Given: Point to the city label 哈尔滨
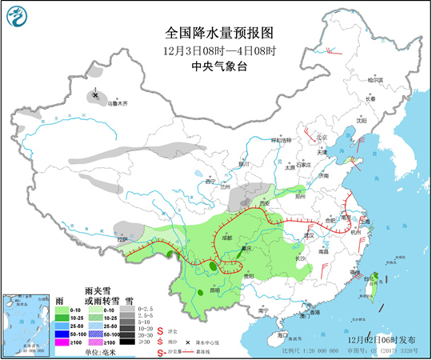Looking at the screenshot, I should pyautogui.click(x=375, y=80).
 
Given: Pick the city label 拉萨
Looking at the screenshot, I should pyautogui.click(x=122, y=238).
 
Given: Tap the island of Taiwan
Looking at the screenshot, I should pyautogui.click(x=373, y=285).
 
